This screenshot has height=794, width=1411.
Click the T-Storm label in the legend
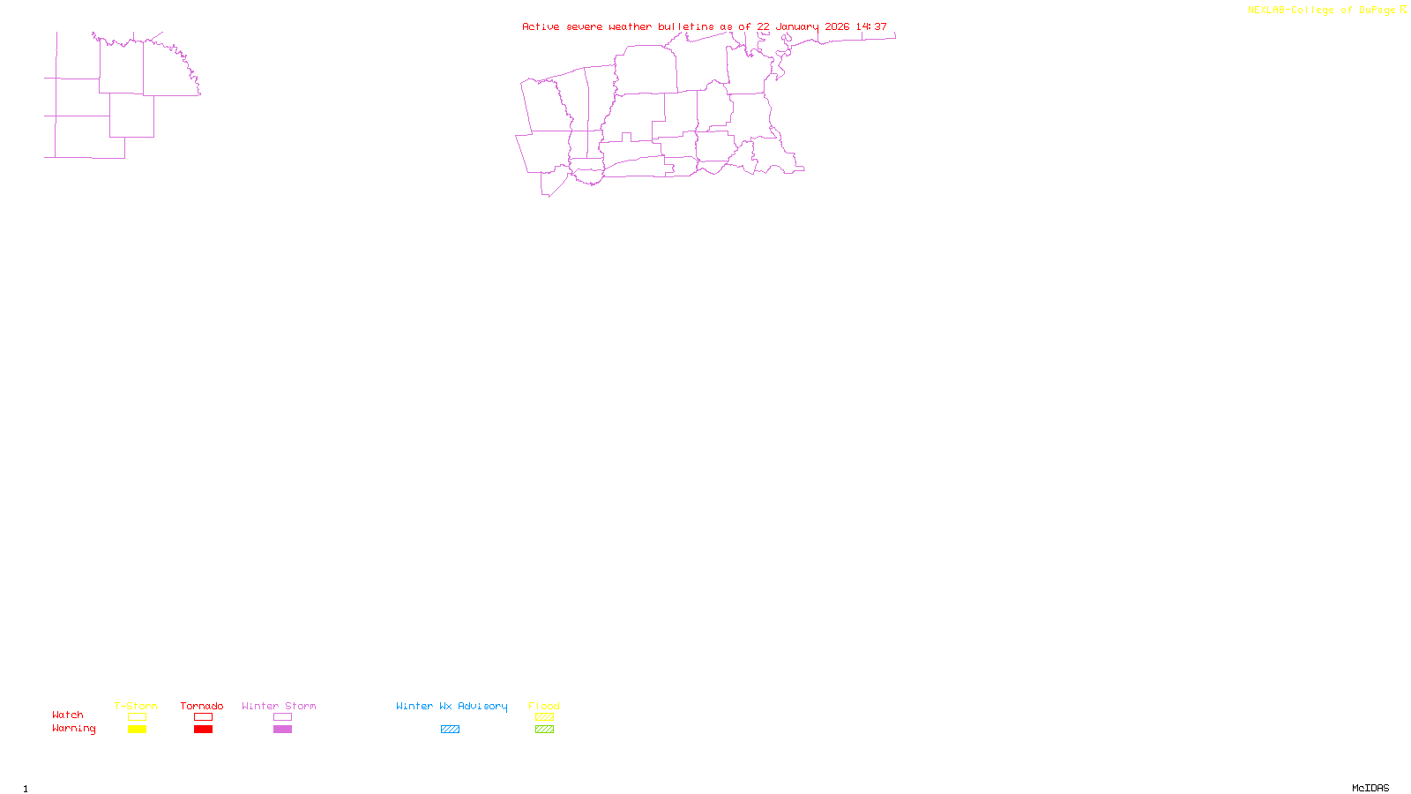coord(136,706)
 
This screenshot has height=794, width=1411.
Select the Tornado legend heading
coord(202,706)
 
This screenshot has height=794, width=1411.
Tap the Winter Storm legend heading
coord(279,706)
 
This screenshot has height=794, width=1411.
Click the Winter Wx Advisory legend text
coord(452,706)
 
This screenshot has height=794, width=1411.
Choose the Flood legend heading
coord(544,706)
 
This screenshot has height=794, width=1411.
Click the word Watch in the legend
coord(68,715)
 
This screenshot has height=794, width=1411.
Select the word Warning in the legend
coord(73,729)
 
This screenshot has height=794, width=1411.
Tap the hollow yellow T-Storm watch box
coord(137,717)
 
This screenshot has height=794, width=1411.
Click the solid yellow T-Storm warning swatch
coord(137,730)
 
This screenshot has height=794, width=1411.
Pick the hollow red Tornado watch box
coord(203,717)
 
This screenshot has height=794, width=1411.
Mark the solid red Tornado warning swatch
coord(203,730)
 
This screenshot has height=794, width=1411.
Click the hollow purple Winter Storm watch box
coord(282,717)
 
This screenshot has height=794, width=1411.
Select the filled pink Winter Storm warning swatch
coord(282,730)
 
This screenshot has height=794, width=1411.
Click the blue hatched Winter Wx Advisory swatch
coord(450,730)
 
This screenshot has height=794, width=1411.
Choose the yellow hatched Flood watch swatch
coord(544,717)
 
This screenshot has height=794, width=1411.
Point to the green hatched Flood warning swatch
coord(544,730)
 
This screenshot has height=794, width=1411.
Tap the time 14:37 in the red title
coord(871,26)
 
